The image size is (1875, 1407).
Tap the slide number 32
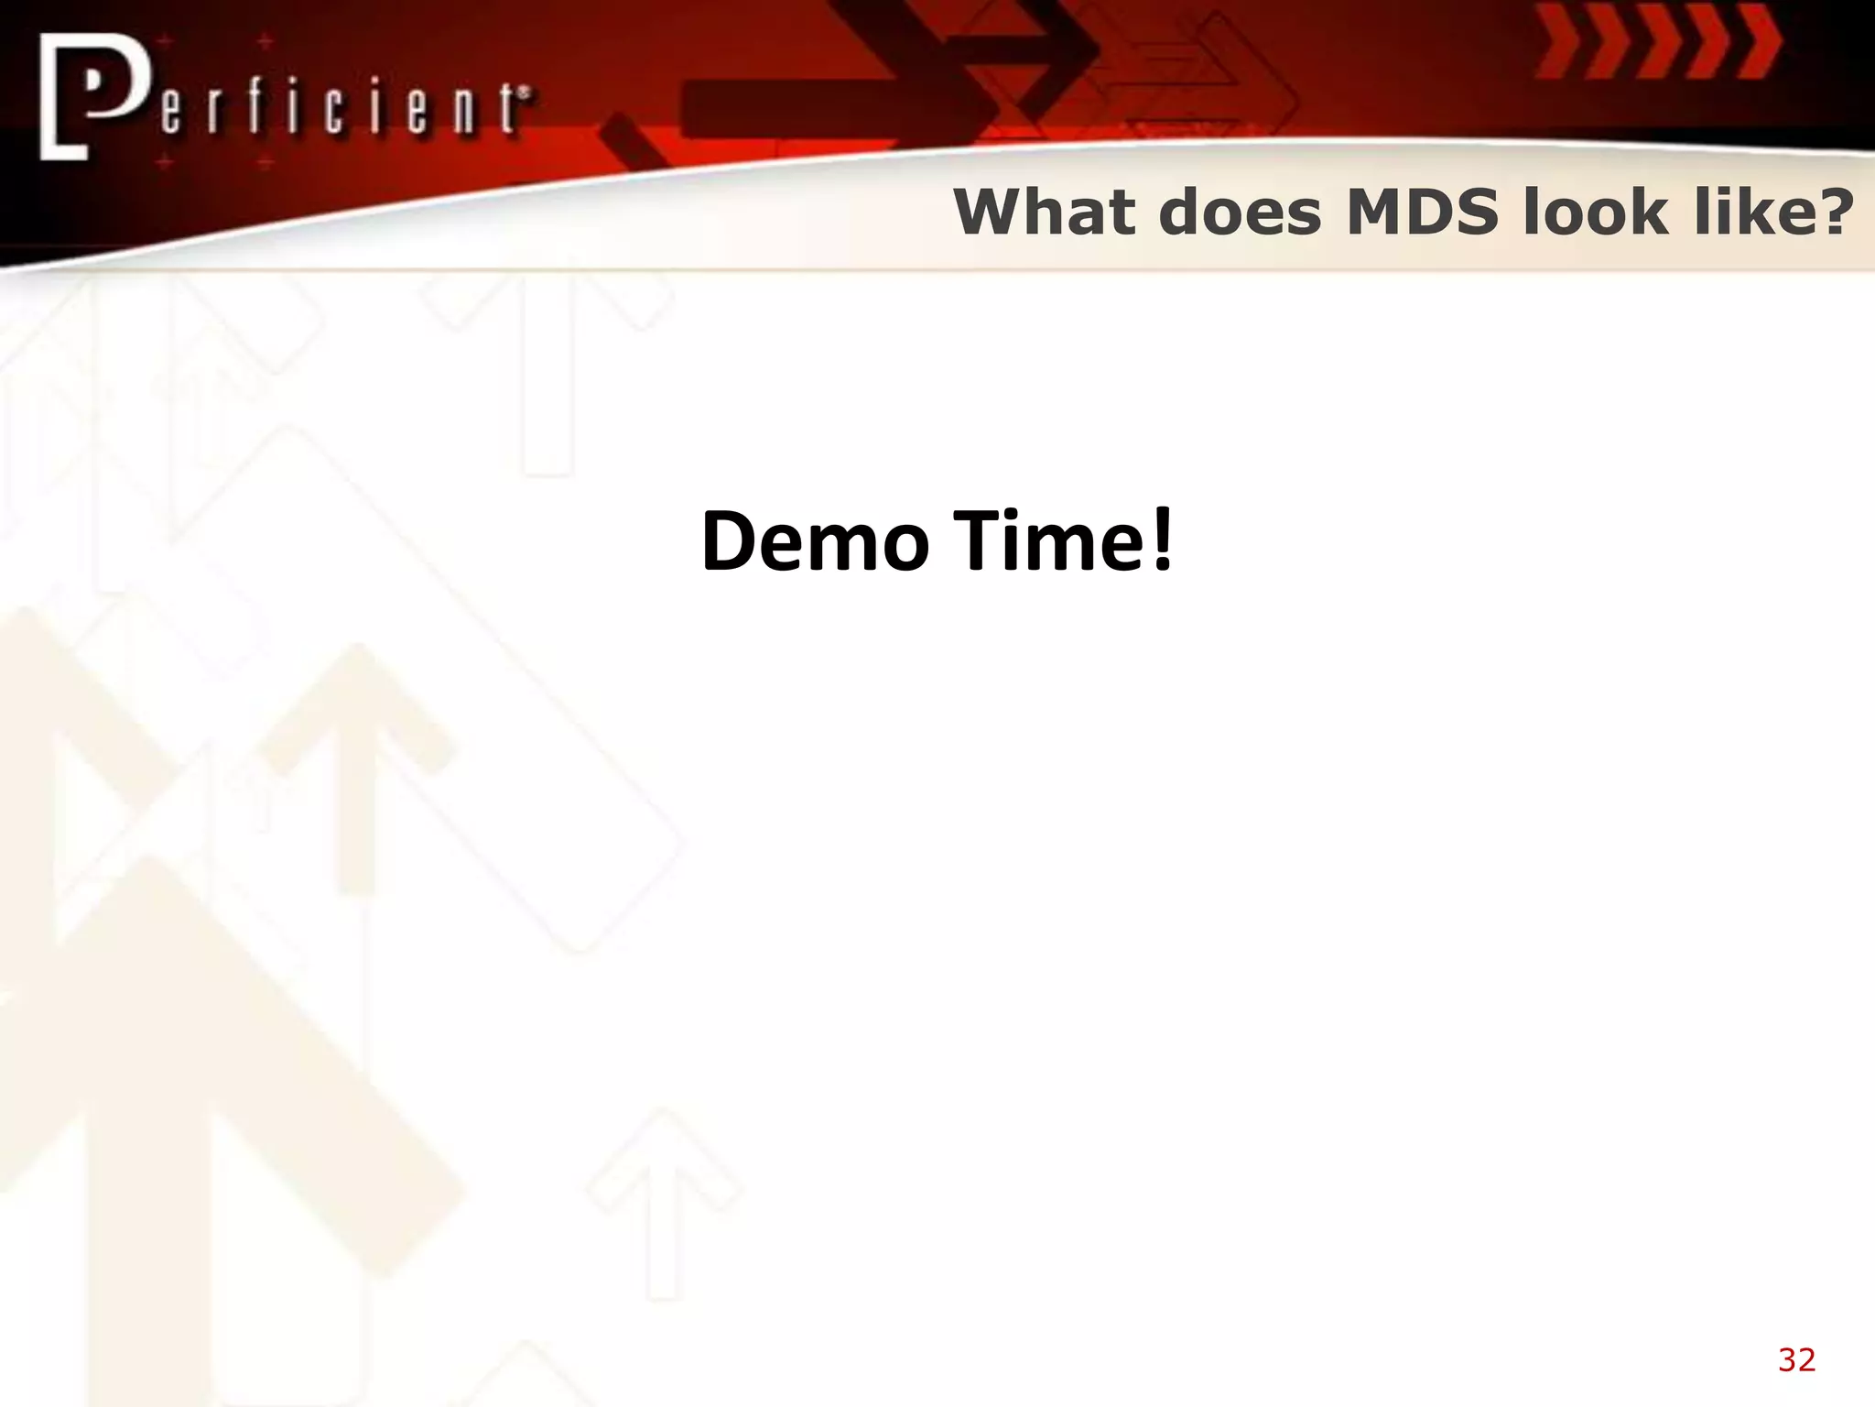click(x=1796, y=1359)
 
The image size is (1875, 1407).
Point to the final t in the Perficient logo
click(x=509, y=110)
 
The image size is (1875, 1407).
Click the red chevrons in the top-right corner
click(x=1657, y=41)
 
